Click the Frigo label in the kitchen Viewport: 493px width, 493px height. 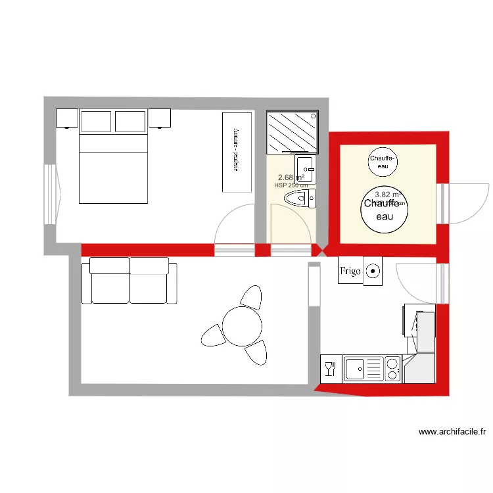(350, 271)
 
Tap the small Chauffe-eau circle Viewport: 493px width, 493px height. (382, 161)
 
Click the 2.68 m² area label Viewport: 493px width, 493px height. (290, 177)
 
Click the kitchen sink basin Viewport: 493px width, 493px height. (356, 368)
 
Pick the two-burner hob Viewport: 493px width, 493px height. (392, 369)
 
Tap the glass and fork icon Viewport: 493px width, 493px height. (330, 368)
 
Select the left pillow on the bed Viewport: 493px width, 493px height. (96, 121)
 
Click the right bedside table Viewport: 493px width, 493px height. (160, 118)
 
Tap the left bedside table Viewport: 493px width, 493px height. (67, 118)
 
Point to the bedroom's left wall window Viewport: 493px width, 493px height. (49, 194)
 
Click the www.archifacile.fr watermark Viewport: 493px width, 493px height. (452, 432)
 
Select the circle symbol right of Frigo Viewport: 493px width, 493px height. (373, 270)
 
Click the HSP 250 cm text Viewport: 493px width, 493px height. (291, 185)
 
